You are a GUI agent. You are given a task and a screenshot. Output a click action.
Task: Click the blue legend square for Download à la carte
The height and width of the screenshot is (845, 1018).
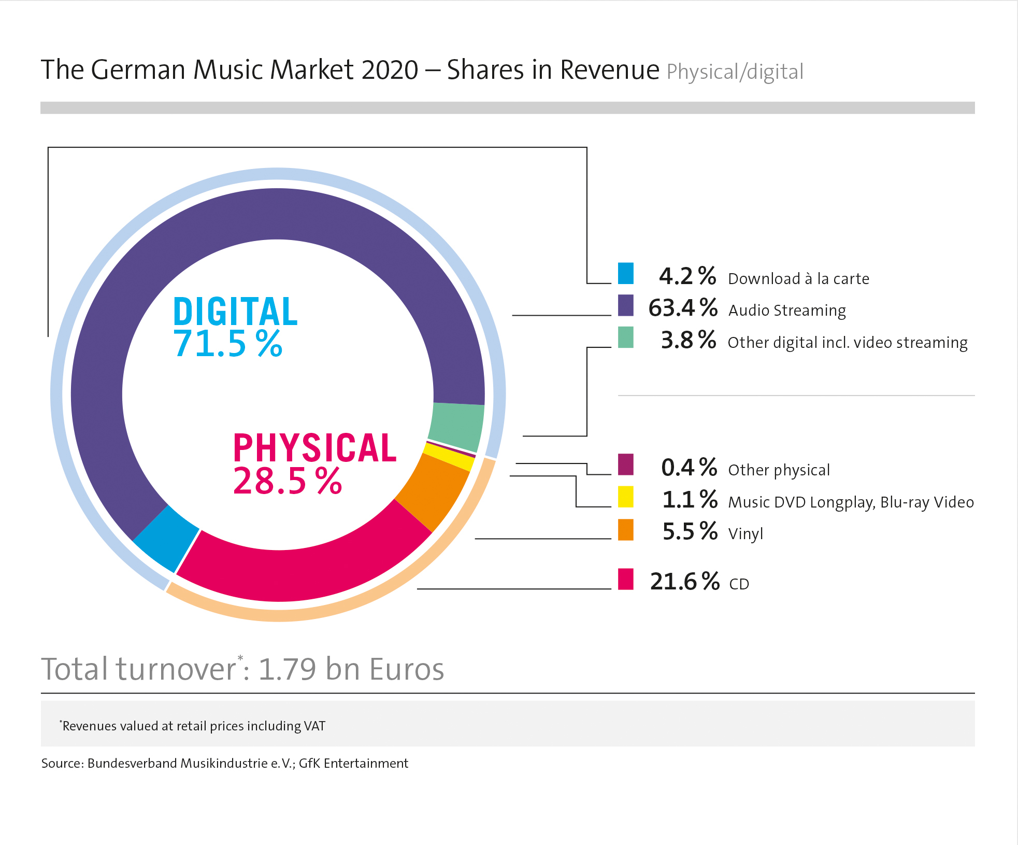[625, 274]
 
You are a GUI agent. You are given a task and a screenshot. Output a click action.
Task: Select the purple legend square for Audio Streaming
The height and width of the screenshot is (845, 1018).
[625, 306]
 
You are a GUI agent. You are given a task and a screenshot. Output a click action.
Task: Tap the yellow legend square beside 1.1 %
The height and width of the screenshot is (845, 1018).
[625, 497]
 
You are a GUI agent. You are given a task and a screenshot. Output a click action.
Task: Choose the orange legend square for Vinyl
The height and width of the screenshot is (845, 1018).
[625, 530]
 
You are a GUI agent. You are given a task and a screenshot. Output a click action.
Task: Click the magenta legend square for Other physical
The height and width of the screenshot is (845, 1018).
[625, 464]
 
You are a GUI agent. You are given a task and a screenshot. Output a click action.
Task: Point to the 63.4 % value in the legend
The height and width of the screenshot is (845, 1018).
[682, 308]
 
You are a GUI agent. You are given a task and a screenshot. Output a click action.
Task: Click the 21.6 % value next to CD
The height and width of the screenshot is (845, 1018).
[684, 581]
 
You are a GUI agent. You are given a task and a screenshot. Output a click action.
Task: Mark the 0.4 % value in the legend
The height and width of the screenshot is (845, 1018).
[689, 467]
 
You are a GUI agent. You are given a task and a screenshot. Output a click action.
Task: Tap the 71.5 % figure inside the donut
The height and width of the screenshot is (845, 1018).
[228, 344]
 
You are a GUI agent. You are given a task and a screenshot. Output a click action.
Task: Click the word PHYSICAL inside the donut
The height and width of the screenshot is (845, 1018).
[315, 448]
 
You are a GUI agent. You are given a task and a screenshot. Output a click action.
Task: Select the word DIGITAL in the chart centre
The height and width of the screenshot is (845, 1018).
[235, 312]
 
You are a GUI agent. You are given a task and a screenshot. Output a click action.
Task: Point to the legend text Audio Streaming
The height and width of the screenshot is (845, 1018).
[787, 310]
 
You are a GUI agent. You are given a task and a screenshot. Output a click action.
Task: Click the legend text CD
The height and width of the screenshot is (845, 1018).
[739, 584]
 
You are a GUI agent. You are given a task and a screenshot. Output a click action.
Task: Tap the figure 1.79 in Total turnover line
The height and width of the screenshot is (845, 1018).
[287, 669]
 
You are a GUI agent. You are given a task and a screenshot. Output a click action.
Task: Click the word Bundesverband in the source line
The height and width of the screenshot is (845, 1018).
[132, 763]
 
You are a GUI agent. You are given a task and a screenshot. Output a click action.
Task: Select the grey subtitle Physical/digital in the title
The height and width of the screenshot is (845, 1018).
[735, 72]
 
